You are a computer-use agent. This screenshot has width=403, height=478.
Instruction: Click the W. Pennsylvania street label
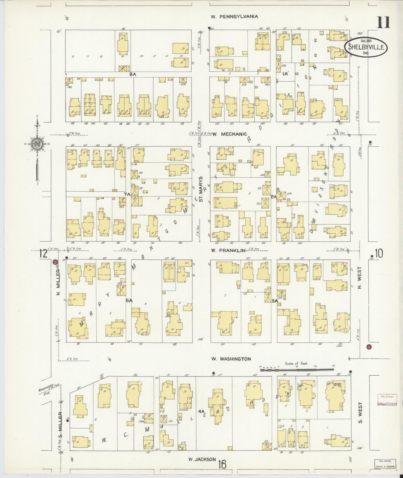234,16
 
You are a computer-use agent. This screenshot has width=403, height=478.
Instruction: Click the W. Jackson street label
202,459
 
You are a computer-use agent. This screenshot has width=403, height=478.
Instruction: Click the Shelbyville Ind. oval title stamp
366,47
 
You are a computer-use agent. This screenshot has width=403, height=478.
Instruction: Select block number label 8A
132,74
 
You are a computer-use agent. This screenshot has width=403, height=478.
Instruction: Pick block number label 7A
127,194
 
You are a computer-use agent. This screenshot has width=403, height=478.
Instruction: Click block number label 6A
129,300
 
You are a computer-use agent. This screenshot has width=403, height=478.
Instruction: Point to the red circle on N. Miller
55,262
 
